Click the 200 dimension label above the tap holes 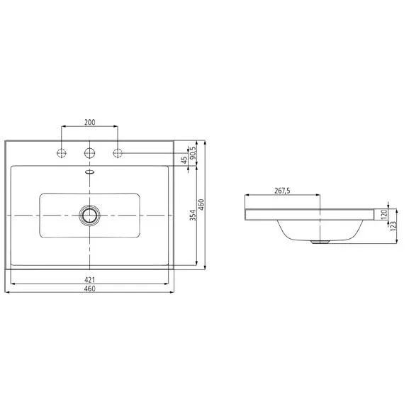point(90,122)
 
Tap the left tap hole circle point(62,153)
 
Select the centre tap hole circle point(89,153)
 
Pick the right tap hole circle point(118,153)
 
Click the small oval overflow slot point(89,172)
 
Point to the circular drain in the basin point(89,215)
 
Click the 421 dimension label point(89,280)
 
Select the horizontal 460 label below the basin point(89,288)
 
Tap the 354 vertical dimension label point(193,215)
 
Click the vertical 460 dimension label point(201,205)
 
